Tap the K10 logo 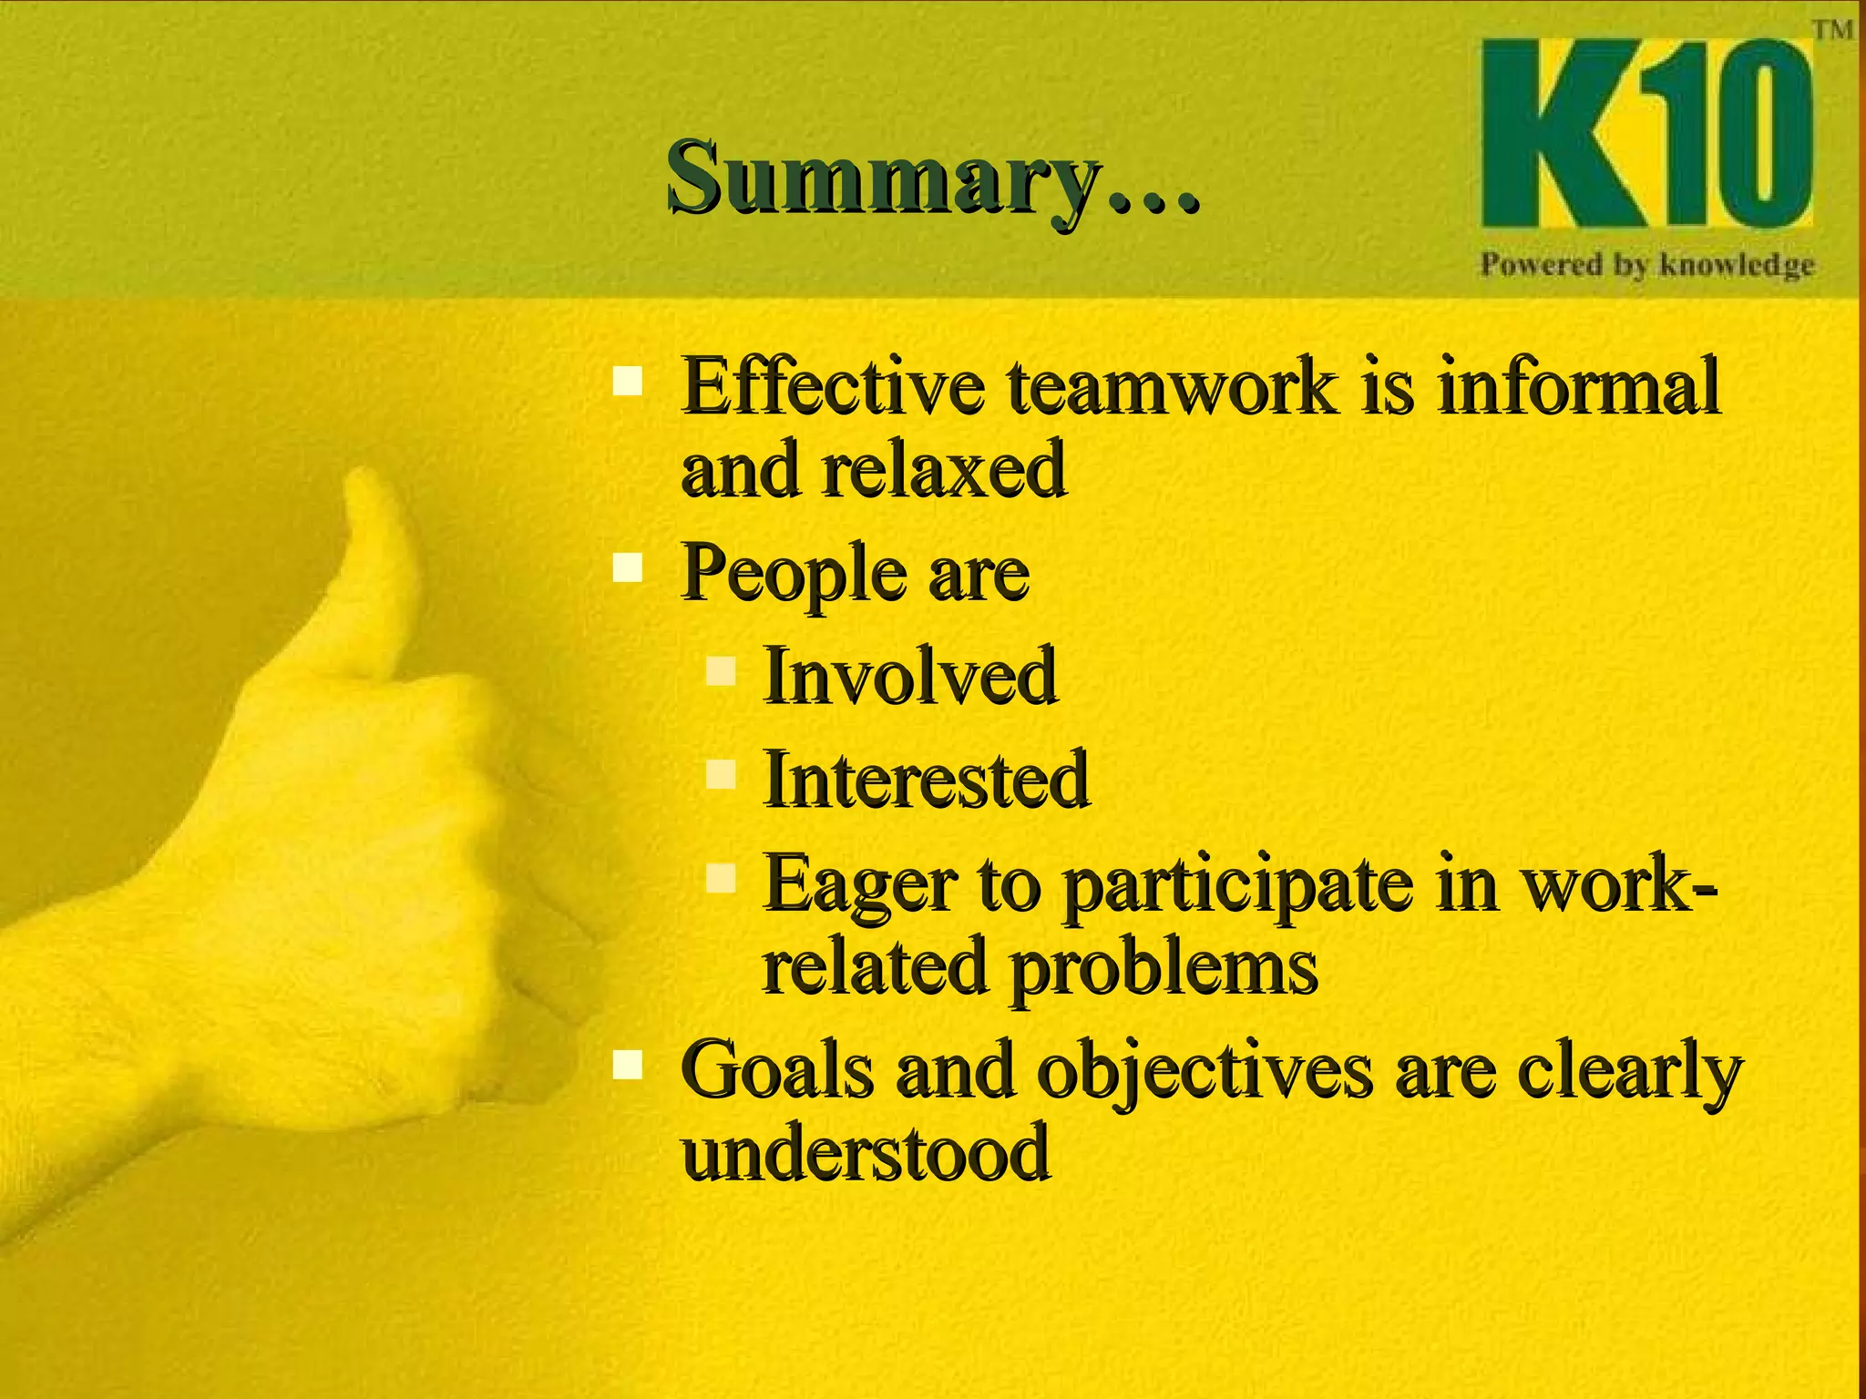coord(1646,135)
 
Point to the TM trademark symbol coord(1832,29)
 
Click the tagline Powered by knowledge coord(1646,265)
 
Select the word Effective coord(833,387)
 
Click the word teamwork coord(1173,387)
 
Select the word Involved coord(909,676)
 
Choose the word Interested coord(926,780)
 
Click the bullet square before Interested coord(720,775)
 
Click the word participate coord(1237,885)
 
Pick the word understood coord(866,1152)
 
